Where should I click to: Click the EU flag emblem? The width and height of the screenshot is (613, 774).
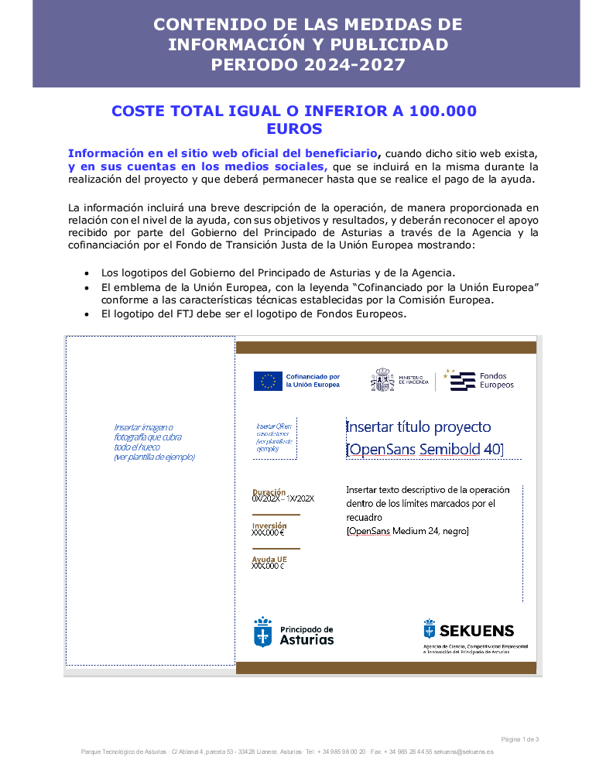pos(268,381)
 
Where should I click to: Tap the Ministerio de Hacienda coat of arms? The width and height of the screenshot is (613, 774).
pos(382,380)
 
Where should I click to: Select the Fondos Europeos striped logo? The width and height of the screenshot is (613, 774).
pos(463,381)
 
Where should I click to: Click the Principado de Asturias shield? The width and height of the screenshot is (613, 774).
pos(263,632)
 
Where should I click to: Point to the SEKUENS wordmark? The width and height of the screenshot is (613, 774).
pos(476,630)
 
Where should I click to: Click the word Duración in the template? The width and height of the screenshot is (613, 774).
pos(269,491)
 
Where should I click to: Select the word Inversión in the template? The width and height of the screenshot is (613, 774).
pos(269,526)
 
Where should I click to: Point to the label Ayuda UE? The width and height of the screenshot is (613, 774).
pos(269,559)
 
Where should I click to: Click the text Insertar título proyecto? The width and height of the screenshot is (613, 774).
pos(418,426)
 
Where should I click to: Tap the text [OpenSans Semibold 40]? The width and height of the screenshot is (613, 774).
pos(425,449)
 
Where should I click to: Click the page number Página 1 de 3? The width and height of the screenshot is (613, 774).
pos(520,739)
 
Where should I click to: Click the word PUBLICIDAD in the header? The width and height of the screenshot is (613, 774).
pos(392,44)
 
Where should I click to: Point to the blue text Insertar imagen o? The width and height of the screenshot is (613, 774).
pos(143,427)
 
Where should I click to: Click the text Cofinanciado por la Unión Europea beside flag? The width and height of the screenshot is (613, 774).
pos(313,381)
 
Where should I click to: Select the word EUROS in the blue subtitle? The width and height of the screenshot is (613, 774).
pos(294,128)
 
